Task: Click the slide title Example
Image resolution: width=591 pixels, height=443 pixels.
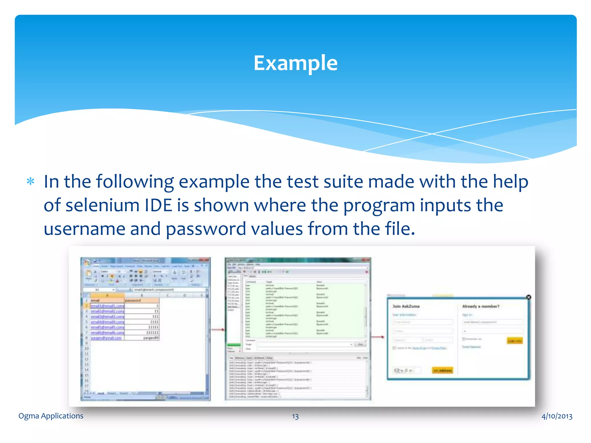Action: pos(295,63)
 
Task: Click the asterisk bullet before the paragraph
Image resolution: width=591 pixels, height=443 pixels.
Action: pos(30,182)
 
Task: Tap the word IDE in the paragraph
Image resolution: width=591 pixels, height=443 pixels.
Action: pos(158,205)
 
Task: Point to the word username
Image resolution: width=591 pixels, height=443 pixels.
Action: pos(84,229)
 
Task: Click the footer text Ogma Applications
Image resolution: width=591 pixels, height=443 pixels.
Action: pos(51,416)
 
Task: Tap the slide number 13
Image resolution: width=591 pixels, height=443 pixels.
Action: pos(295,416)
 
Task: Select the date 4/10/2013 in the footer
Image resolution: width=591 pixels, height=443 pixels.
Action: pos(557,416)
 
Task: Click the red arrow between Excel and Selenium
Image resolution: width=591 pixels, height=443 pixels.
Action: pos(218,329)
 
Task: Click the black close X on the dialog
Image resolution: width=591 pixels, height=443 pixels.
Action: pos(528,297)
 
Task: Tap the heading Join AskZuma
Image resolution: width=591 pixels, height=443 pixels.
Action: pos(406,306)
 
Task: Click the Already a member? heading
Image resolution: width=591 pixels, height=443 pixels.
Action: pos(480,306)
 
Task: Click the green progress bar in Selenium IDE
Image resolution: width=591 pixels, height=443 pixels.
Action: pos(234,345)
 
